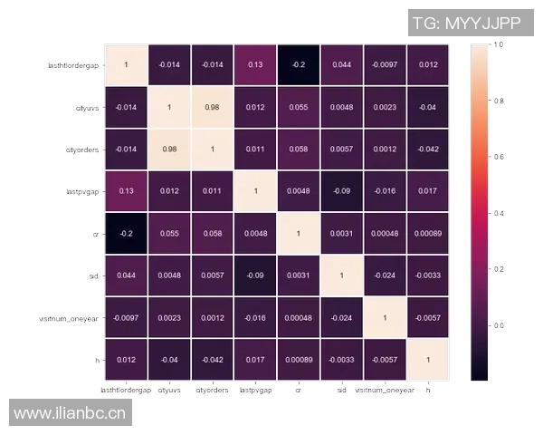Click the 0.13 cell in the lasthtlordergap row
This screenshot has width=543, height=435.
click(255, 64)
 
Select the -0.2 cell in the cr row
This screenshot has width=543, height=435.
click(126, 233)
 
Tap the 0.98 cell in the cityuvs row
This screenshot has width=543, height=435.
click(212, 107)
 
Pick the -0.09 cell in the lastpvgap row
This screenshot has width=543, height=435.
click(341, 191)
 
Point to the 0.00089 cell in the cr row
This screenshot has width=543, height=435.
click(427, 233)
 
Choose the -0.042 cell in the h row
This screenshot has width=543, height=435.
click(212, 360)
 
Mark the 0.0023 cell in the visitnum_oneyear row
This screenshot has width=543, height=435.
click(169, 317)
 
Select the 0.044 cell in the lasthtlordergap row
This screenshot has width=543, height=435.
click(341, 64)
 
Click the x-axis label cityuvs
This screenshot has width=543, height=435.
click(169, 391)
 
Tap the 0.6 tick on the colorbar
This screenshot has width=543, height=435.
click(497, 157)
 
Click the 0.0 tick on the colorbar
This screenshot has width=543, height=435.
click(497, 324)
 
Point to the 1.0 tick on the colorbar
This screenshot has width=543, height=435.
click(497, 43)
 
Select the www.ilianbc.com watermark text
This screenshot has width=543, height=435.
click(71, 413)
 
